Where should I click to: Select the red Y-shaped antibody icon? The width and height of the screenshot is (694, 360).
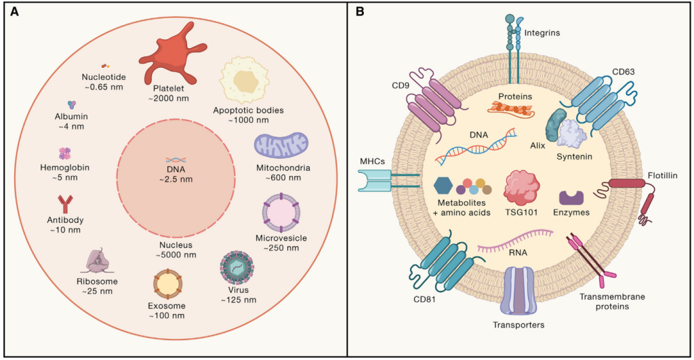pos(66,205)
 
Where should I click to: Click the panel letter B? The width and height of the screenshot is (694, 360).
pos(360,12)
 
